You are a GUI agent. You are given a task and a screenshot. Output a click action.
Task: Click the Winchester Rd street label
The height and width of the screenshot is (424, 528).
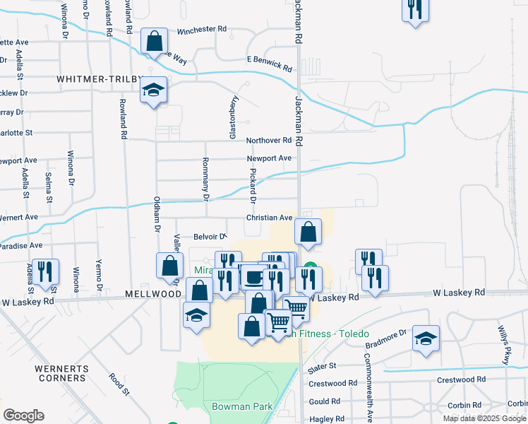(201, 30)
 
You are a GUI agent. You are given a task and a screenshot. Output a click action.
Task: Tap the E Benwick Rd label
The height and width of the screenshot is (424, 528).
(269, 64)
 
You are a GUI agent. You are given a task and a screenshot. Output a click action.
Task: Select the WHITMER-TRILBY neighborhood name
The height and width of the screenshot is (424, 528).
(99, 79)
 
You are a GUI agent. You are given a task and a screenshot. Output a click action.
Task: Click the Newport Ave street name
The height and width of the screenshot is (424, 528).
(269, 158)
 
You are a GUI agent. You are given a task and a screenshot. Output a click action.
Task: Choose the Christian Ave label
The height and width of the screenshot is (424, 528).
(269, 218)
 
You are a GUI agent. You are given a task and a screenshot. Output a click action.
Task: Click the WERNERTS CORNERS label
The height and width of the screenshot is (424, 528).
(62, 374)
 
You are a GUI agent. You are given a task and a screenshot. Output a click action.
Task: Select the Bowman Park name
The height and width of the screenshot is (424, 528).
(232, 407)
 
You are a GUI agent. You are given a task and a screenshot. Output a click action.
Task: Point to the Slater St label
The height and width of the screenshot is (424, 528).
(322, 367)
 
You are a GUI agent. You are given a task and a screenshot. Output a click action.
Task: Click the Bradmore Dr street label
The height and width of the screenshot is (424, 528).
(387, 338)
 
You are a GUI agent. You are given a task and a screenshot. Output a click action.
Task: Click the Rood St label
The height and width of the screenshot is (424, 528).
(119, 384)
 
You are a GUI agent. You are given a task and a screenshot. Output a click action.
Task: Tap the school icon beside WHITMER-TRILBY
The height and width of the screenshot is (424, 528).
(153, 90)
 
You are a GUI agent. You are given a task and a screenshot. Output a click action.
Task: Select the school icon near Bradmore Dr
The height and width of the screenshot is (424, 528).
(426, 338)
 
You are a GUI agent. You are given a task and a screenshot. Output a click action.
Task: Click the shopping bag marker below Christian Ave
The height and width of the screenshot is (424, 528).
(308, 232)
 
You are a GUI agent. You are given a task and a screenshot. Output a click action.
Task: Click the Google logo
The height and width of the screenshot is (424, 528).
(23, 416)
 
